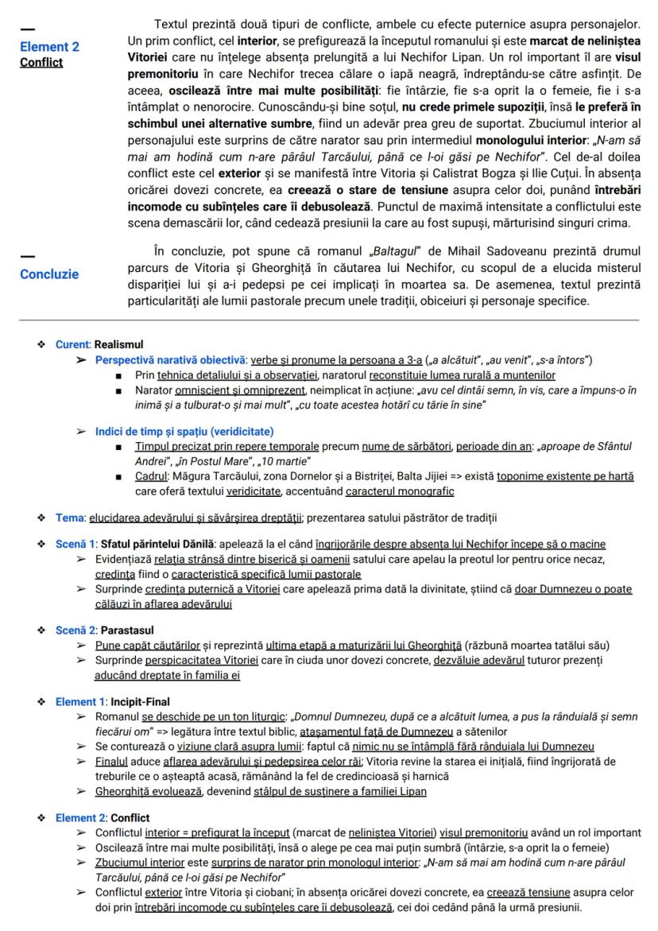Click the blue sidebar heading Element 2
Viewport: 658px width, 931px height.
[49, 47]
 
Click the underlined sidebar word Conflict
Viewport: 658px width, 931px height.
[42, 62]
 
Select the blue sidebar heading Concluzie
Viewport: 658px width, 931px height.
[49, 274]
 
